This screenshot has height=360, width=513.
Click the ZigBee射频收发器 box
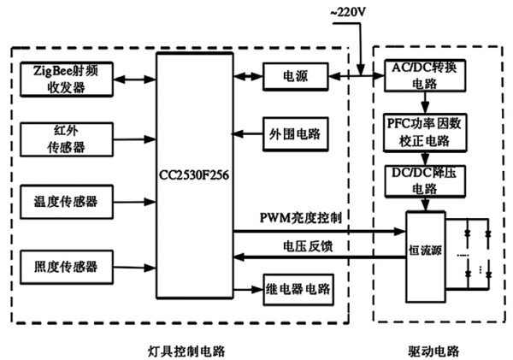point(67,80)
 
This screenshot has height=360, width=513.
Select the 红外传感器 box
point(67,139)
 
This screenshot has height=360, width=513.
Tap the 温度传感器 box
point(67,202)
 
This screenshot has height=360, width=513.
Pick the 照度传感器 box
point(67,267)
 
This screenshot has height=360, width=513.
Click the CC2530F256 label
point(194,175)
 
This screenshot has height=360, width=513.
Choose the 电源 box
point(296,77)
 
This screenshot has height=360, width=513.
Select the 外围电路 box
point(296,134)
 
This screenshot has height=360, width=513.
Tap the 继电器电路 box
point(298,290)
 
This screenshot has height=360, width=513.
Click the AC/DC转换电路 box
point(425,75)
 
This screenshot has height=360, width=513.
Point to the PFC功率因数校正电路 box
point(425,133)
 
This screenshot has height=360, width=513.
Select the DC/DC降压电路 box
point(425,181)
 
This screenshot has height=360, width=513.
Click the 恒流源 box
point(426,257)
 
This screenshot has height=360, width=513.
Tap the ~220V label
point(348,13)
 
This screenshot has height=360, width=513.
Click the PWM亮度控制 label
point(300,218)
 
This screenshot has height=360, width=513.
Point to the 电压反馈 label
point(308,246)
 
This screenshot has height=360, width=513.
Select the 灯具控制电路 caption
point(186,351)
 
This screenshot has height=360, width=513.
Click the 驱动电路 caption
point(433,351)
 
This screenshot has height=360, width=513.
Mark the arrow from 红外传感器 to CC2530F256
point(134,139)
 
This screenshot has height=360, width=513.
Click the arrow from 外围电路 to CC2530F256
point(248,134)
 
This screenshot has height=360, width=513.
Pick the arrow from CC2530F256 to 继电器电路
point(248,289)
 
